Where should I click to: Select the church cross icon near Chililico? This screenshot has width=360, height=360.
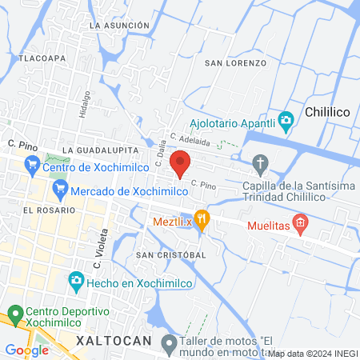point(260,165)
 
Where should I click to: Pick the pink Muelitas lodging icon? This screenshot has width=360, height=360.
point(300,223)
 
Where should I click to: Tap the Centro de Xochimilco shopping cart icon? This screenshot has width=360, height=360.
point(32,166)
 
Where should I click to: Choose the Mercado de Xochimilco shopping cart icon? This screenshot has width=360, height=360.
point(59,190)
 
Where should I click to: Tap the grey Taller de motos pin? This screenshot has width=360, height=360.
point(169,345)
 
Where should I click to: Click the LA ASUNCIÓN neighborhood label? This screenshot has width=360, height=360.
point(120,26)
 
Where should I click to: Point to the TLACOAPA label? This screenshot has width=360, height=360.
point(42,58)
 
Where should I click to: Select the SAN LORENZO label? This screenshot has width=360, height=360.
point(235,62)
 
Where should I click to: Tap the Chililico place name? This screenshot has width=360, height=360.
point(330,113)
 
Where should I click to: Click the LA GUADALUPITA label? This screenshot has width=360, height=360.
point(100,150)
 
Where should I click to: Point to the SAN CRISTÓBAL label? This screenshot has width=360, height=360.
point(171,254)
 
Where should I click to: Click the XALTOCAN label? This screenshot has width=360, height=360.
point(114,341)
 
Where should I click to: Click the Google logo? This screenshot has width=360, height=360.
point(26,350)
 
